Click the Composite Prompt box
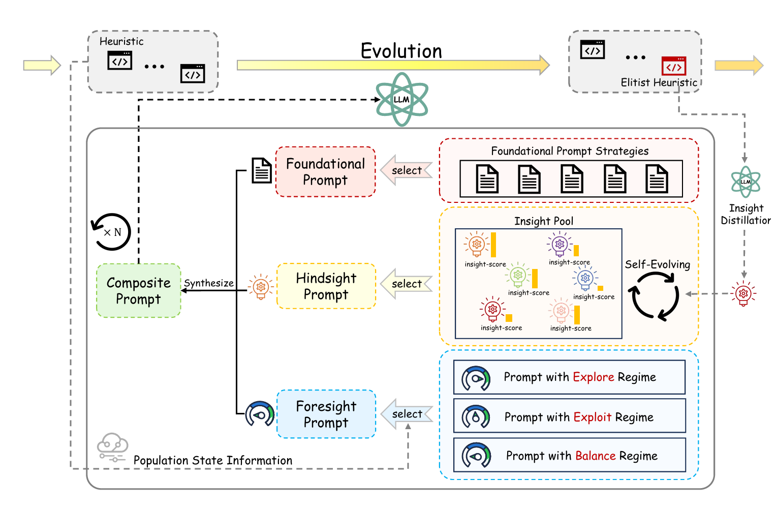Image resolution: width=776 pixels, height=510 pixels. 139,291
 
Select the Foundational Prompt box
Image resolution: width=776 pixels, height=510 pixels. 325,172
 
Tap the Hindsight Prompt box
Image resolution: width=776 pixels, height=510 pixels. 326,286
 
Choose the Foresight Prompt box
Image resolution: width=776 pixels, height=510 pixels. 326,414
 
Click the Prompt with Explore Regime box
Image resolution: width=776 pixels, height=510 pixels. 569,377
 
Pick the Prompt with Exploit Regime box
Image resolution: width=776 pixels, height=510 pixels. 569,417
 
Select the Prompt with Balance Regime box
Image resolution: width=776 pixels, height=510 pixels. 569,456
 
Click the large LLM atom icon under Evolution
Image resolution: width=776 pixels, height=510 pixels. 401,100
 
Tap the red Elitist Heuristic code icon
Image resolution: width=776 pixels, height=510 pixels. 674,67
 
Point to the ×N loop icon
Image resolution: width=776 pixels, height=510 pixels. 112,232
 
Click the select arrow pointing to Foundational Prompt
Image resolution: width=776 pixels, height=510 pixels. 406,170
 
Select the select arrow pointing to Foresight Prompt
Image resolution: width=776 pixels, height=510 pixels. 406,414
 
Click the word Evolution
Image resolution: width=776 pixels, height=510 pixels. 401,51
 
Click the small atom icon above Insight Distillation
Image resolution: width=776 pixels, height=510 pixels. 746,182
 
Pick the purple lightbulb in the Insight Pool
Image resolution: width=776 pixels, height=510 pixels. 560,244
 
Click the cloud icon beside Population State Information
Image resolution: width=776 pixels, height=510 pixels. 113,445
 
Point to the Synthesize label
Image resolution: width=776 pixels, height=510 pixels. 209,283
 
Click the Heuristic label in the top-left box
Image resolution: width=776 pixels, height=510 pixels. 121,41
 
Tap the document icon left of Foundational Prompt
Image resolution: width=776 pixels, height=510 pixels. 262,170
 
